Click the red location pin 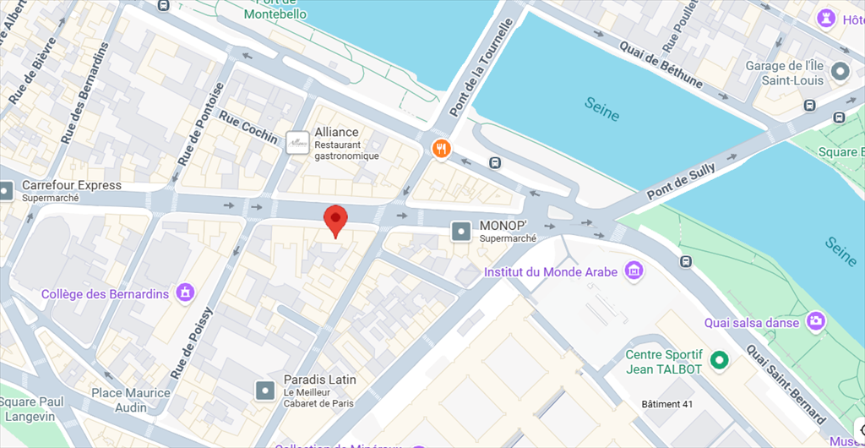click(336, 220)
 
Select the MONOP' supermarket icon click(461, 231)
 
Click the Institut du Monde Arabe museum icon click(633, 271)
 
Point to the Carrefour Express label click(72, 185)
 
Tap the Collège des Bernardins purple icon click(183, 293)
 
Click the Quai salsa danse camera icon click(816, 321)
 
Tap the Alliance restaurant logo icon click(296, 143)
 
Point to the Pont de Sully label click(682, 181)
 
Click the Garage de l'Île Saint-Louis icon click(840, 72)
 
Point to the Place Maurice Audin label click(131, 400)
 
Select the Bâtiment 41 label click(667, 404)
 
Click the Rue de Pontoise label click(201, 123)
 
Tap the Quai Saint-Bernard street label click(785, 385)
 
